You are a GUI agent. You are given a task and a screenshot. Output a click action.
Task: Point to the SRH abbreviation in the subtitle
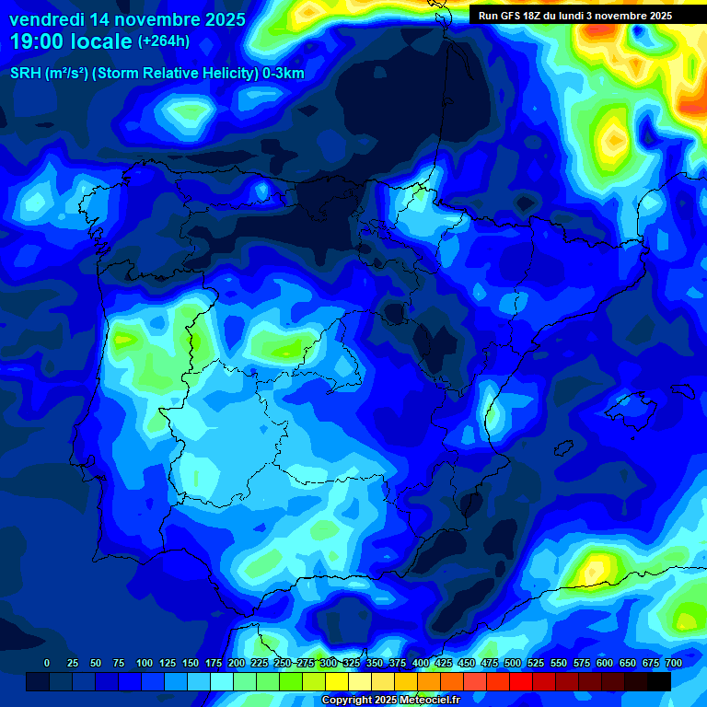point(26,73)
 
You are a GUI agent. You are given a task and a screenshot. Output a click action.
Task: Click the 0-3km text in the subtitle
point(284,73)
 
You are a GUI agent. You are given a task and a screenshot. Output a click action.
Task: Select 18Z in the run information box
point(536,16)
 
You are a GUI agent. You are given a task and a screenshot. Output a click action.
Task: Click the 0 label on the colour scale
point(47,663)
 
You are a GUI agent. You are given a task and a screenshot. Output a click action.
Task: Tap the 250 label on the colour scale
point(283,663)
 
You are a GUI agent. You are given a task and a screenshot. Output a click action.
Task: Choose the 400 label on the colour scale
point(421,663)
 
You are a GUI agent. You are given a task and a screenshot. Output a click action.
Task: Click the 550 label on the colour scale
point(559,663)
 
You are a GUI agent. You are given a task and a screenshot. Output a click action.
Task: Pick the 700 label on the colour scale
point(674,663)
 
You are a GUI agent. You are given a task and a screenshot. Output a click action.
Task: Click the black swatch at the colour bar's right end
point(659,681)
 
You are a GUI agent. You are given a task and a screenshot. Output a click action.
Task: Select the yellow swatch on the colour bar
point(337,681)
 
